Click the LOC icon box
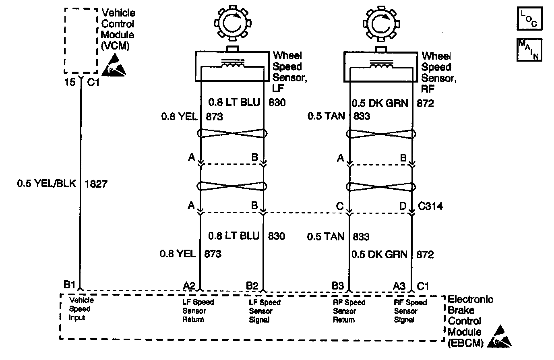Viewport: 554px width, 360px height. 529,19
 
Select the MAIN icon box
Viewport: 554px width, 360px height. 529,50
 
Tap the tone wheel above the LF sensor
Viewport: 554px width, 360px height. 232,25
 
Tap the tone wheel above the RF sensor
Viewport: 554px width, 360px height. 380,25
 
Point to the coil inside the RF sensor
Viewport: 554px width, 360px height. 381,64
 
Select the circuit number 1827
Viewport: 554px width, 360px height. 96,184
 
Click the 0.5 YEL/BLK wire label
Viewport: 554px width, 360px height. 46,184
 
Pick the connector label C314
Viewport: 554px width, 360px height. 430,207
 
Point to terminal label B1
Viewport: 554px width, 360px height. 69,285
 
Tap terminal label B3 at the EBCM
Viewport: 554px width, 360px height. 337,286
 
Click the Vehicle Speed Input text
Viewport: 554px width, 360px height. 81,309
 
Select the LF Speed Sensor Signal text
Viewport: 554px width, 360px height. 265,311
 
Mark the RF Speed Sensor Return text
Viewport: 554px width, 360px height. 349,311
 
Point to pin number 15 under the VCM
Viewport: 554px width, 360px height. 70,82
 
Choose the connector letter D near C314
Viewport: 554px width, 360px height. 402,207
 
